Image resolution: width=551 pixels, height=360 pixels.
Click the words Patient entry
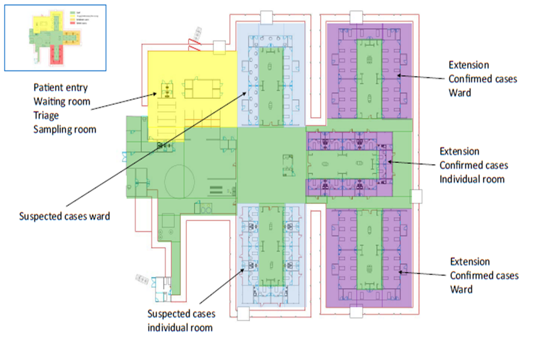pos(60,88)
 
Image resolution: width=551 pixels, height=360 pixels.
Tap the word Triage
pos(46,115)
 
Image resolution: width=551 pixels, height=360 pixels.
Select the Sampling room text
pos(65,129)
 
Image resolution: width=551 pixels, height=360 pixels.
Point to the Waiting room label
pos(62,102)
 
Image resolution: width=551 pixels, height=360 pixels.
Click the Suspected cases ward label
pos(64,216)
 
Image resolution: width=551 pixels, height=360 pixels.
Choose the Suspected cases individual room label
pos(181,320)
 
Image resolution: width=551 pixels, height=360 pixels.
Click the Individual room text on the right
pos(472,179)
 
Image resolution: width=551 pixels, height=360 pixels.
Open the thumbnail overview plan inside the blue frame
pos(55,37)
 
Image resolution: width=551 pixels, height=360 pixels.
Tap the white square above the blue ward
pos(267,18)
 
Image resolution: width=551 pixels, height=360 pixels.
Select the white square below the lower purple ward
pos(356,312)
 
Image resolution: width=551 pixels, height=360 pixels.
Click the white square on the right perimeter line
pos(416,196)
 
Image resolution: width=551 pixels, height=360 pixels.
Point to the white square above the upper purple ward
pos(356,17)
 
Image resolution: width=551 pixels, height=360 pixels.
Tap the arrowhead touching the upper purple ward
pos(399,75)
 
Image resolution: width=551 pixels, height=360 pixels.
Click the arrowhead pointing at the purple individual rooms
pos(388,161)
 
